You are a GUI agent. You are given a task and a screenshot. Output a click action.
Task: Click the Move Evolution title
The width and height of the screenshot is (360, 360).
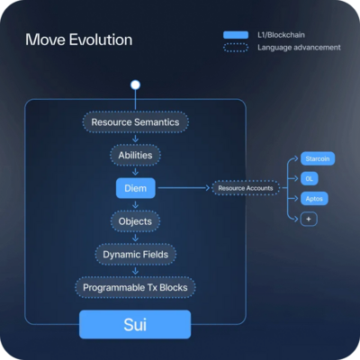(78, 40)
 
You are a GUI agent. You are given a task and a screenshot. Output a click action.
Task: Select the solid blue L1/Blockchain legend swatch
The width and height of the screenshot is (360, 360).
(236, 35)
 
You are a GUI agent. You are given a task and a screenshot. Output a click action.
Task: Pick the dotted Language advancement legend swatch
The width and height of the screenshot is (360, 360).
(236, 48)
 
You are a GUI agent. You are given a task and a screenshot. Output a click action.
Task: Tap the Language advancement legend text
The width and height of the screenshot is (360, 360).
(299, 48)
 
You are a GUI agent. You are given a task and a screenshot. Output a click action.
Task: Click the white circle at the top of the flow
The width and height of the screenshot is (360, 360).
(135, 85)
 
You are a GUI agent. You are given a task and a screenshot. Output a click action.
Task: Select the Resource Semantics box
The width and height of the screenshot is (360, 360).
(136, 122)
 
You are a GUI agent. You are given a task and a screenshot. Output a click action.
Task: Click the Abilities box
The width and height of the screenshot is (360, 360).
(135, 155)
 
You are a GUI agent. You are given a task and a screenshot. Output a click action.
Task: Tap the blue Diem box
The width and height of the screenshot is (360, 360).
(136, 188)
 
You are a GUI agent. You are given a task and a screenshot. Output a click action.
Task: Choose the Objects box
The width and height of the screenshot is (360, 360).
(135, 221)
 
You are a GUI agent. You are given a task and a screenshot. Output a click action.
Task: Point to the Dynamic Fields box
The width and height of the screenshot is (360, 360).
(136, 255)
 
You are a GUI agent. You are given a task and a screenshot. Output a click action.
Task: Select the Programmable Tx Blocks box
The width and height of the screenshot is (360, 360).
(135, 287)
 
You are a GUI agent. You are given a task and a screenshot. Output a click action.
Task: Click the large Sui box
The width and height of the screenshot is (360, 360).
(135, 325)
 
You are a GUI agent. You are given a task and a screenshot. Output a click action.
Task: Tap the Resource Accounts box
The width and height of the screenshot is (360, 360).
(246, 188)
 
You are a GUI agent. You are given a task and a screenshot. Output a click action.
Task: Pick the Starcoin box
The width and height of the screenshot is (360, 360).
(318, 158)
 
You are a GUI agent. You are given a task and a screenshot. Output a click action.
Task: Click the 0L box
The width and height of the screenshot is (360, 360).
(310, 178)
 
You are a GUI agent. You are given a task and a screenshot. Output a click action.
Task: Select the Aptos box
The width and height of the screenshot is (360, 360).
(314, 199)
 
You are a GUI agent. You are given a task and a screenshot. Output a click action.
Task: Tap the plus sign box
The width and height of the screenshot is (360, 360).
(309, 219)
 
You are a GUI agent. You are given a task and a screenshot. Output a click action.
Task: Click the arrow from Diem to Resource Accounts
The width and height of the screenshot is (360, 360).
(184, 188)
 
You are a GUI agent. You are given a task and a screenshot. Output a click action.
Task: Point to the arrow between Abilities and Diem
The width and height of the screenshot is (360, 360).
(135, 172)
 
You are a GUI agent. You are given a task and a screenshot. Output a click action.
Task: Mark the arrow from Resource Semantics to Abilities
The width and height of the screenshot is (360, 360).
(135, 139)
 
